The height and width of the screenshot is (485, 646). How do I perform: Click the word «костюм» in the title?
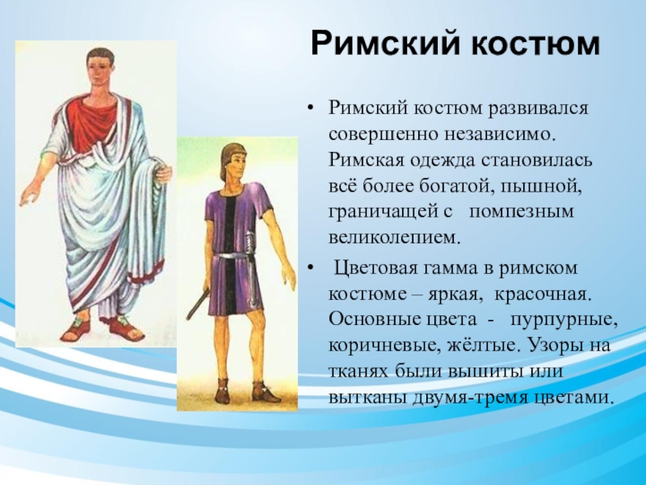(x=535, y=43)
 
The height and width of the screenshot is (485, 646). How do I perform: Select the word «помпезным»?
(x=522, y=212)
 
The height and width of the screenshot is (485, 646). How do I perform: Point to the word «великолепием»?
(x=393, y=238)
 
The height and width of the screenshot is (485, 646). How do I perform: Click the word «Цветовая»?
(x=375, y=268)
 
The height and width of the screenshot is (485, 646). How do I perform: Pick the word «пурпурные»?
(x=564, y=321)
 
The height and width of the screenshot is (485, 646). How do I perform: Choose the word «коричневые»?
(x=384, y=345)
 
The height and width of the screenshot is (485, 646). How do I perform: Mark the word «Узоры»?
(x=551, y=345)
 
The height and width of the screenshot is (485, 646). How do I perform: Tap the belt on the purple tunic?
(x=236, y=256)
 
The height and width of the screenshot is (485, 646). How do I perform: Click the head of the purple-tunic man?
(x=233, y=164)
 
